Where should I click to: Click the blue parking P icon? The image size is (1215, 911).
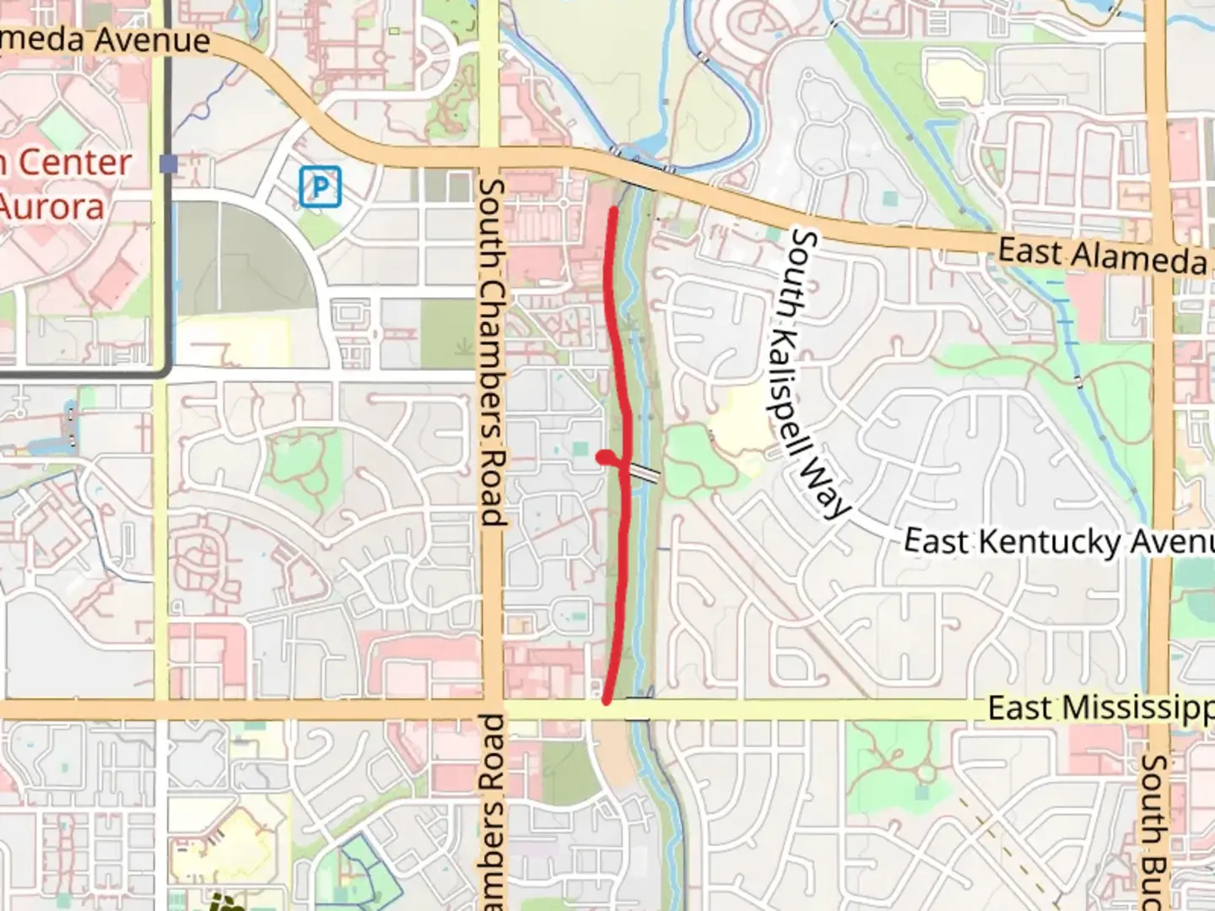click(x=320, y=186)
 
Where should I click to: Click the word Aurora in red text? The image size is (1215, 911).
click(x=52, y=206)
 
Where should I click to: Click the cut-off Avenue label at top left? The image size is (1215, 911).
click(x=105, y=39)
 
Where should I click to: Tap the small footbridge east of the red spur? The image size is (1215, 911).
click(x=646, y=474)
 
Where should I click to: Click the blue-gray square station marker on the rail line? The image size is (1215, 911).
click(x=169, y=164)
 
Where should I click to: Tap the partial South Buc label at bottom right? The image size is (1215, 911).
click(x=1153, y=831)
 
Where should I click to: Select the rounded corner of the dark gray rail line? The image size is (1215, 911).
click(x=164, y=367)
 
